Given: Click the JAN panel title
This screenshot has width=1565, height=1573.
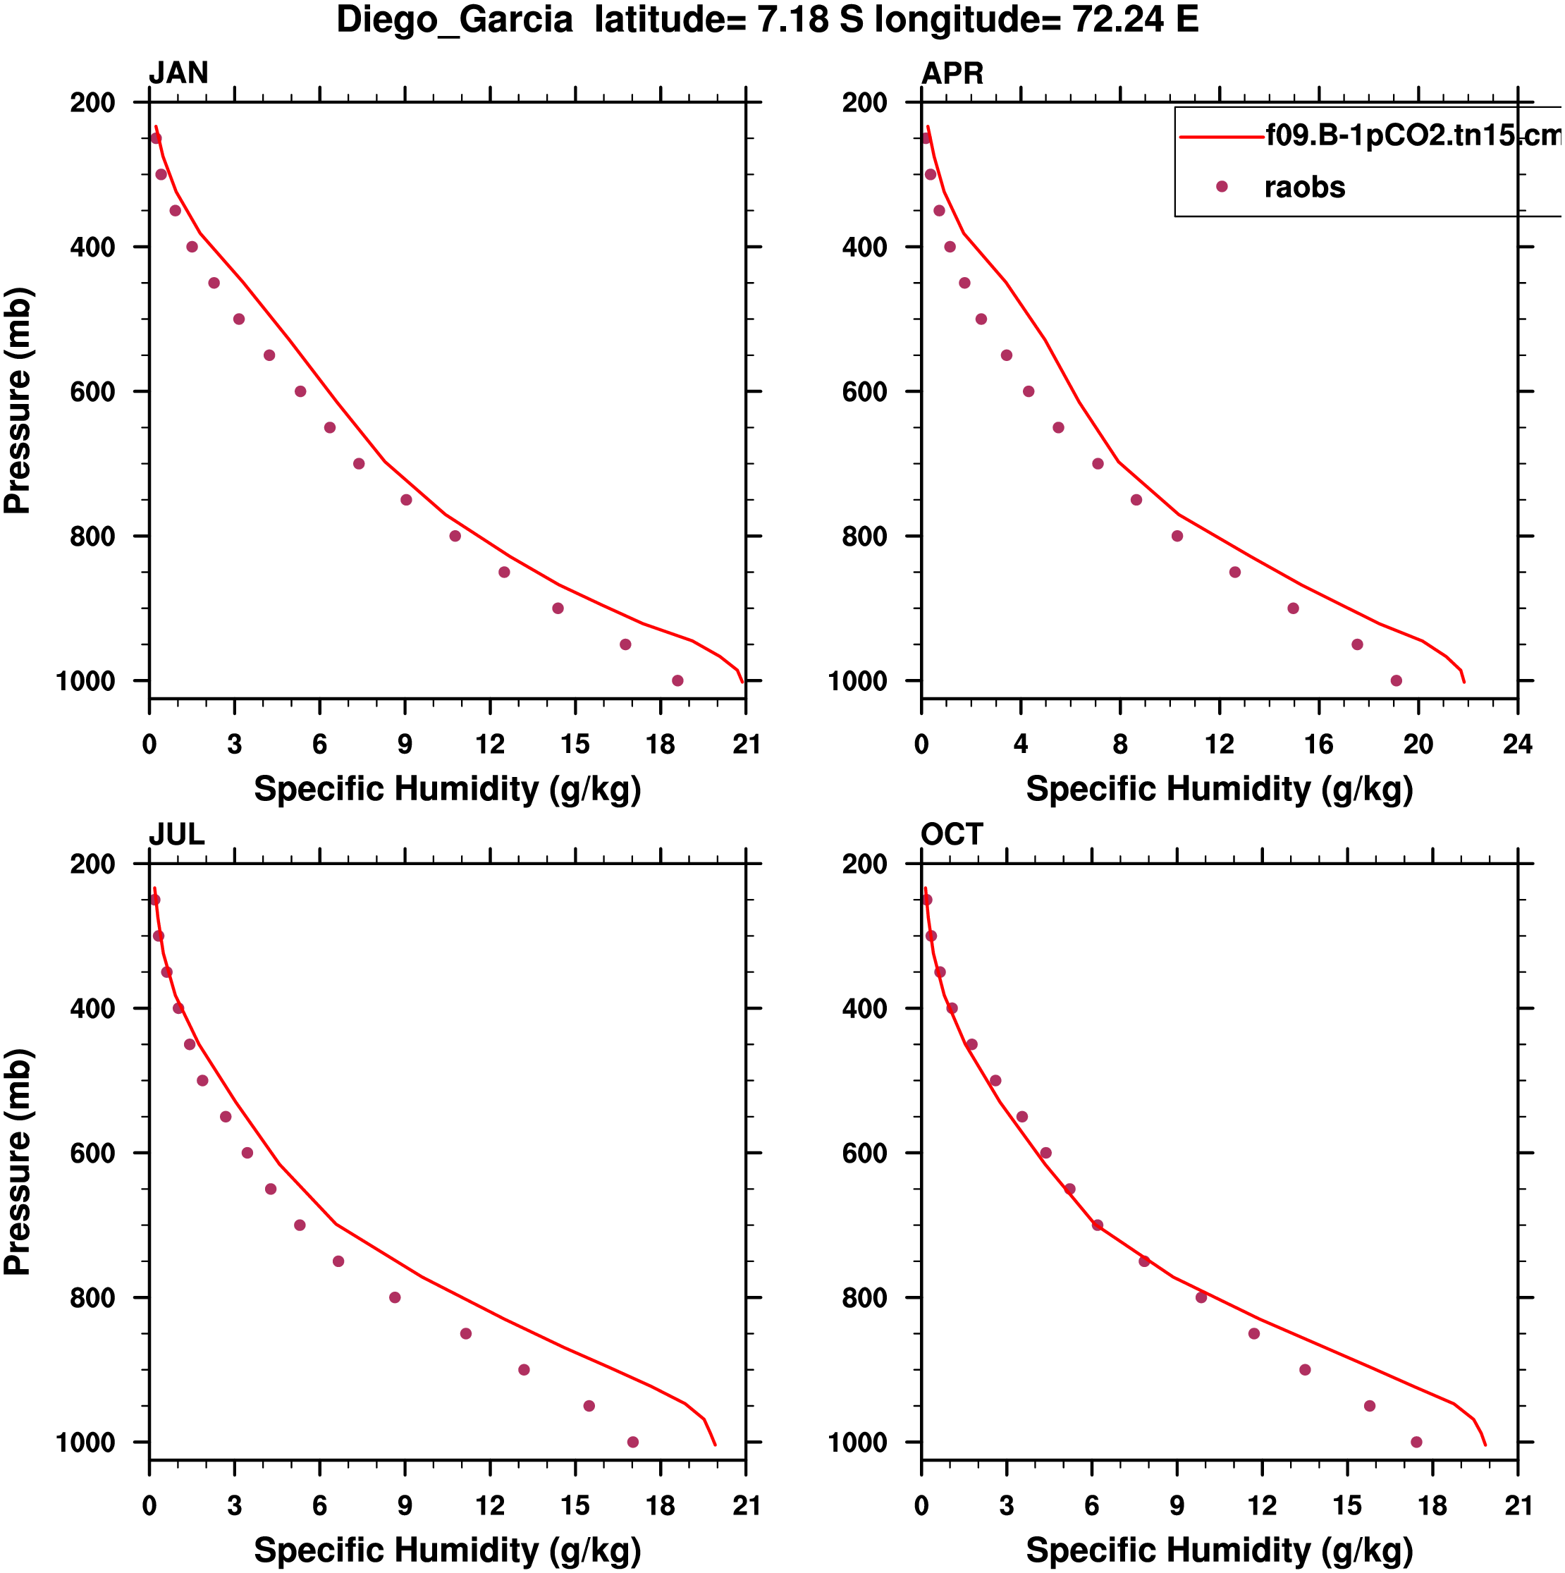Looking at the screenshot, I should [x=178, y=73].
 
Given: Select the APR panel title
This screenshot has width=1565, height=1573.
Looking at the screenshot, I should [x=952, y=73].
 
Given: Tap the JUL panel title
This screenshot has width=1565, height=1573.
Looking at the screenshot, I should [x=176, y=835].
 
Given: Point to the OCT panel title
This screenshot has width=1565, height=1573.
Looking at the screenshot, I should [x=952, y=835].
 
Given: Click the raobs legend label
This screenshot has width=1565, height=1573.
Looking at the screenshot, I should [x=1304, y=188].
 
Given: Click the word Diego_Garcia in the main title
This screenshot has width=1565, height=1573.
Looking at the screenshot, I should [x=455, y=20].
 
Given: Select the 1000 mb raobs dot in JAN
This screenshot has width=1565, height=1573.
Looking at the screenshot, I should [x=677, y=680].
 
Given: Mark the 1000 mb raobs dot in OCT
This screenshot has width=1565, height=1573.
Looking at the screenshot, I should [x=1416, y=1442].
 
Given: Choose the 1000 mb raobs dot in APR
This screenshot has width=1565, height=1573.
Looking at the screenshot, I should [x=1397, y=680].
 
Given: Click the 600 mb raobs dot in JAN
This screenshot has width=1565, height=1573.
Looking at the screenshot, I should [x=300, y=391].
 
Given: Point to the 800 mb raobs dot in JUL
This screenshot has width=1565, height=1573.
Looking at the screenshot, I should [x=395, y=1297].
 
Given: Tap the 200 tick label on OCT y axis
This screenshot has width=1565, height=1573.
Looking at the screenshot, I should [x=865, y=864].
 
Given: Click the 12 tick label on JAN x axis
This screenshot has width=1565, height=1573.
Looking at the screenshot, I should [x=490, y=744].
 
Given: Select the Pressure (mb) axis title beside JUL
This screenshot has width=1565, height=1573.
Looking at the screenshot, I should [x=18, y=1161].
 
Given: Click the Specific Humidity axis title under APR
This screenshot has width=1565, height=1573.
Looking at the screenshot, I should [x=1219, y=789].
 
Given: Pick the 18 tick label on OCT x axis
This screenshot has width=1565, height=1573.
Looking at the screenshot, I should [x=1432, y=1505].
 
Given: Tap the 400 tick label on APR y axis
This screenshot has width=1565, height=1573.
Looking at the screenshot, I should [x=865, y=247].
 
